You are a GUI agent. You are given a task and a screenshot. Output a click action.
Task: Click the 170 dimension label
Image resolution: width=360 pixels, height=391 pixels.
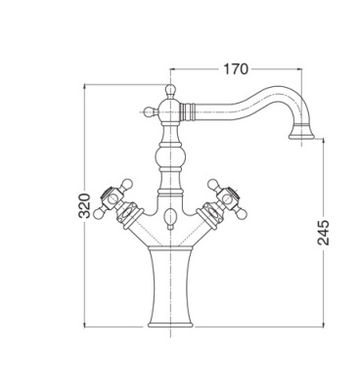pos(236,69)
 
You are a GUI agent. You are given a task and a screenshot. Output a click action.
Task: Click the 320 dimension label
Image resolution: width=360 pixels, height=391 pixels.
pos(84,205)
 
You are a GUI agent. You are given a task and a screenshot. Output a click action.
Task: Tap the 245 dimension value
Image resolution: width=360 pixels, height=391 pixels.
pos(323,233)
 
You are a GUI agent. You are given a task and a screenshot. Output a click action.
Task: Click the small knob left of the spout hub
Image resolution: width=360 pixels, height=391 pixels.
pos(150,111)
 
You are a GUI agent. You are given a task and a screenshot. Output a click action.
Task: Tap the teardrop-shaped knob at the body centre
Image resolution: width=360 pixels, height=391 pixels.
pos(170,218)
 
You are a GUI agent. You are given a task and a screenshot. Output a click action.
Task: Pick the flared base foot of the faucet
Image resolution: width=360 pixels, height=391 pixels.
pos(170,324)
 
